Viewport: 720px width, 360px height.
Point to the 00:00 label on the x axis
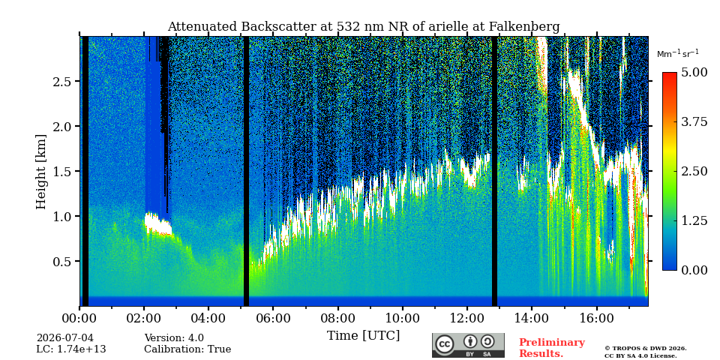[79, 318]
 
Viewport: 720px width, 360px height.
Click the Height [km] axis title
[41, 172]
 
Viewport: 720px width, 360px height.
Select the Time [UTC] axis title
[363, 336]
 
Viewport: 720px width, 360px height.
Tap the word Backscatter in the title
[277, 27]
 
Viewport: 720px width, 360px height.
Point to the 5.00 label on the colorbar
[694, 73]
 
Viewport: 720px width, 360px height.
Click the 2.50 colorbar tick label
[694, 171]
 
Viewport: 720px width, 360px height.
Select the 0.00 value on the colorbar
[694, 270]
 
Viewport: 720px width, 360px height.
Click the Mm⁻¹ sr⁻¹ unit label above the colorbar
[678, 53]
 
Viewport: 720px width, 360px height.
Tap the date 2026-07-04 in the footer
[64, 338]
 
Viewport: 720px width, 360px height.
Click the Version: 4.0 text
[174, 338]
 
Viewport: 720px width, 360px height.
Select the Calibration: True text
[187, 349]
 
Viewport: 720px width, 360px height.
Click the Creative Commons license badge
[468, 345]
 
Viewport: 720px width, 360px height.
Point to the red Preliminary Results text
[552, 348]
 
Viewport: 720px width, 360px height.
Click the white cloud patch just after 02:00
[158, 224]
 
